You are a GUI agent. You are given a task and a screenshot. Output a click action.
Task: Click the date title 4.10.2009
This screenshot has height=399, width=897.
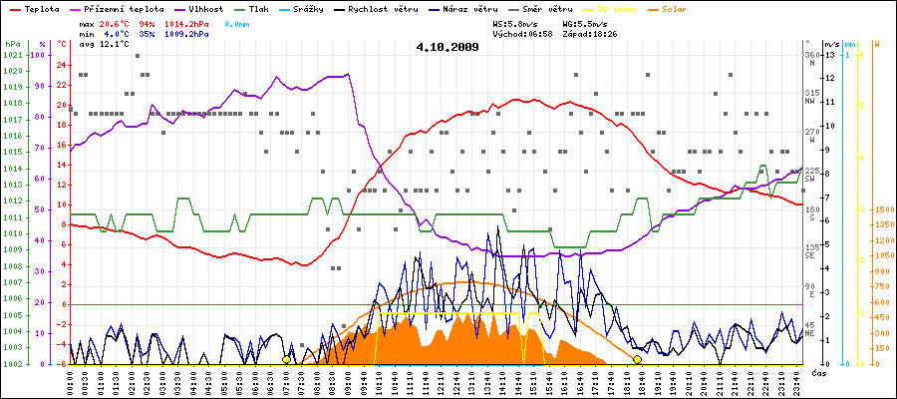coord(448,47)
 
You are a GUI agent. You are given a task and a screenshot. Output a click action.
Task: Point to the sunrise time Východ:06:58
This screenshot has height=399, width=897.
coord(522,33)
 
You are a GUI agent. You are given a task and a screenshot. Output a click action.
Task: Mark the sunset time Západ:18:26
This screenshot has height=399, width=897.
coord(591,33)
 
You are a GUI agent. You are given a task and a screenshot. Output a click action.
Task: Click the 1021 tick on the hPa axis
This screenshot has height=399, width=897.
coord(12,55)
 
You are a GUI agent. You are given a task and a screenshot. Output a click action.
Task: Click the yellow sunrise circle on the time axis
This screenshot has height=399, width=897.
coord(287,359)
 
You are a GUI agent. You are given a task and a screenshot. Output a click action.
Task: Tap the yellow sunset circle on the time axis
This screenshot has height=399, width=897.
coord(638,359)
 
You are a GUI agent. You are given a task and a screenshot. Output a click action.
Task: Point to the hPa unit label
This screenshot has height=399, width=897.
coord(12,45)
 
